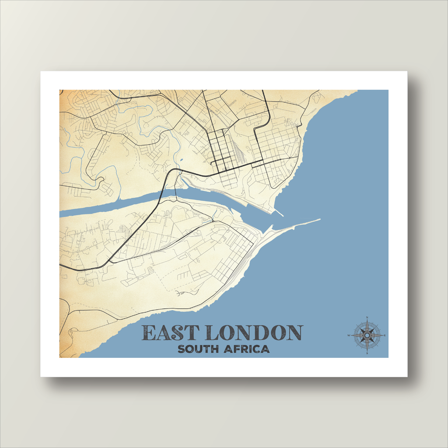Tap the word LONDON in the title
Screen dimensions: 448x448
click(253, 333)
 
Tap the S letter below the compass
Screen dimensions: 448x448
click(367, 353)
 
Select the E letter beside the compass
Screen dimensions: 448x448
click(385, 336)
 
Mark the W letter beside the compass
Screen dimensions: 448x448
click(349, 336)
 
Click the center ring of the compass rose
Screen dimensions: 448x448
click(367, 336)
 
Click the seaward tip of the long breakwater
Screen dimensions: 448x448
click(319, 220)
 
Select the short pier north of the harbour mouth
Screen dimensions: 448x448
click(279, 213)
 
